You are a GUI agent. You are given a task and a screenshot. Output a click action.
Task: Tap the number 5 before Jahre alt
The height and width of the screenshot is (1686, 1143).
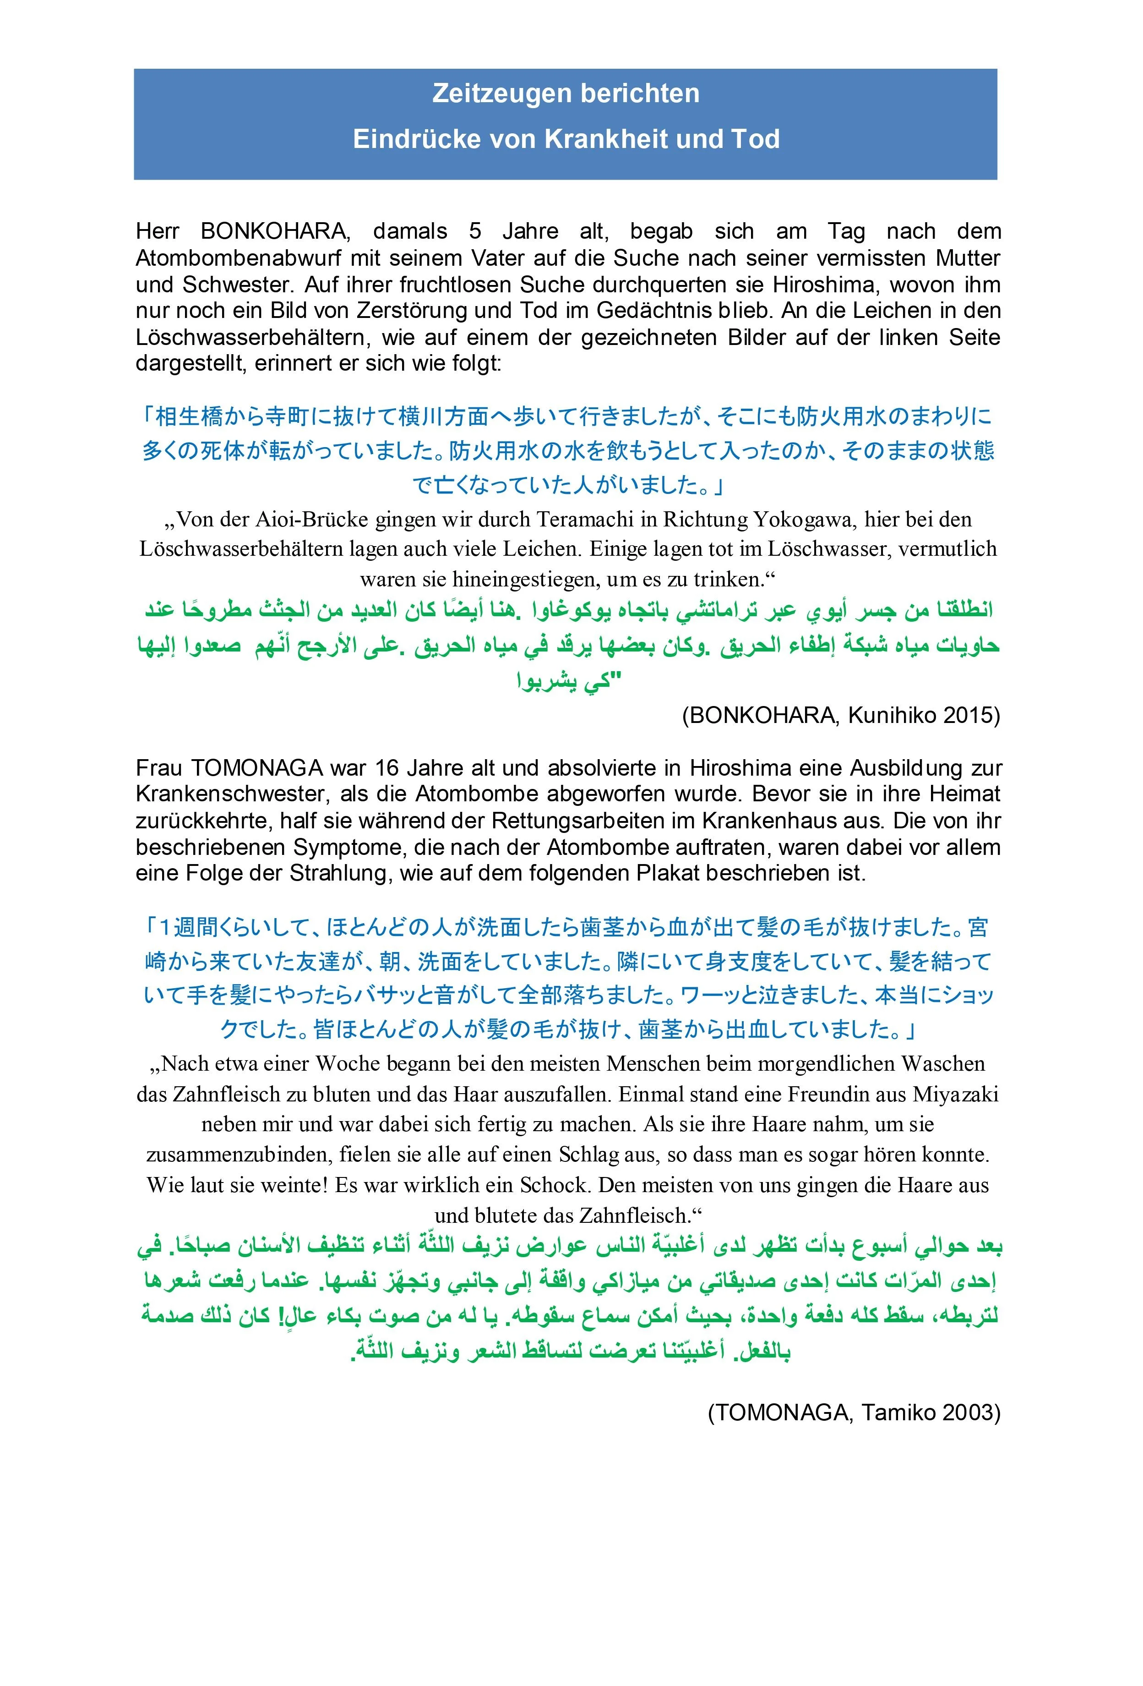coord(475,231)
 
